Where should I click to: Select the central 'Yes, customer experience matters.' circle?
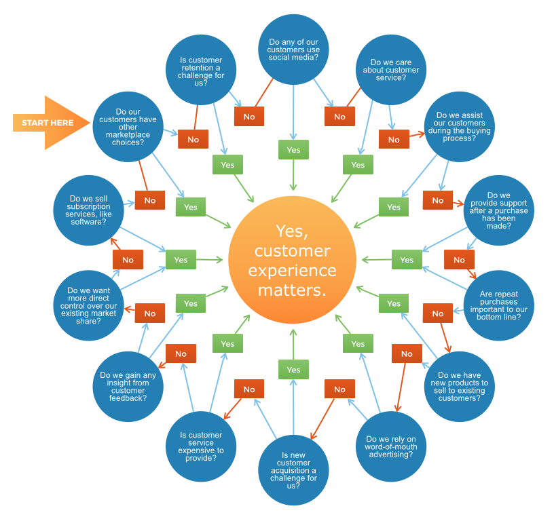pyautogui.click(x=293, y=261)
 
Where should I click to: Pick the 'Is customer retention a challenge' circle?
pyautogui.click(x=201, y=70)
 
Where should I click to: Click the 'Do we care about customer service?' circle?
pyautogui.click(x=390, y=69)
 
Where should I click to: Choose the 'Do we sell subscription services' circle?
pyautogui.click(x=88, y=210)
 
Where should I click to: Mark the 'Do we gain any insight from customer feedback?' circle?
pyautogui.click(x=128, y=386)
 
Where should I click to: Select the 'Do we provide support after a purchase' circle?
pyautogui.click(x=498, y=210)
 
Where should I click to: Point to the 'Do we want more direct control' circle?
pyautogui.click(x=88, y=305)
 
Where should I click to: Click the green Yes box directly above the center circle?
pyautogui.click(x=293, y=150)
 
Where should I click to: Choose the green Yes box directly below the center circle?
pyautogui.click(x=293, y=370)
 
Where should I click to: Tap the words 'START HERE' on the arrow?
pyautogui.click(x=48, y=123)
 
